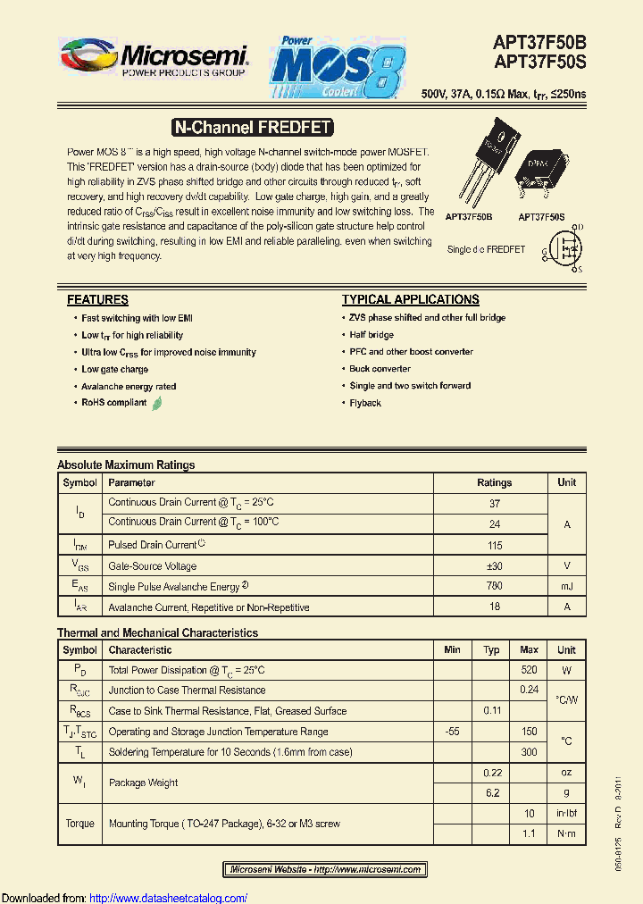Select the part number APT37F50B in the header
540,42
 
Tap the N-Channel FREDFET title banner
251,128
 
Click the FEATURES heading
97,300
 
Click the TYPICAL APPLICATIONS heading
411,300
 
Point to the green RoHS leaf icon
157,403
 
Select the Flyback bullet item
365,403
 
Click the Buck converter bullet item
380,369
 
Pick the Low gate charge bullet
115,369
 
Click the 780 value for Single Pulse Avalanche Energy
494,587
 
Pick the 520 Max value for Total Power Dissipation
529,670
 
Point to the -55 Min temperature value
452,732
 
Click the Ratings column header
494,482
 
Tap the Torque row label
79,824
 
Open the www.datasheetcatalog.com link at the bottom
169,898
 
